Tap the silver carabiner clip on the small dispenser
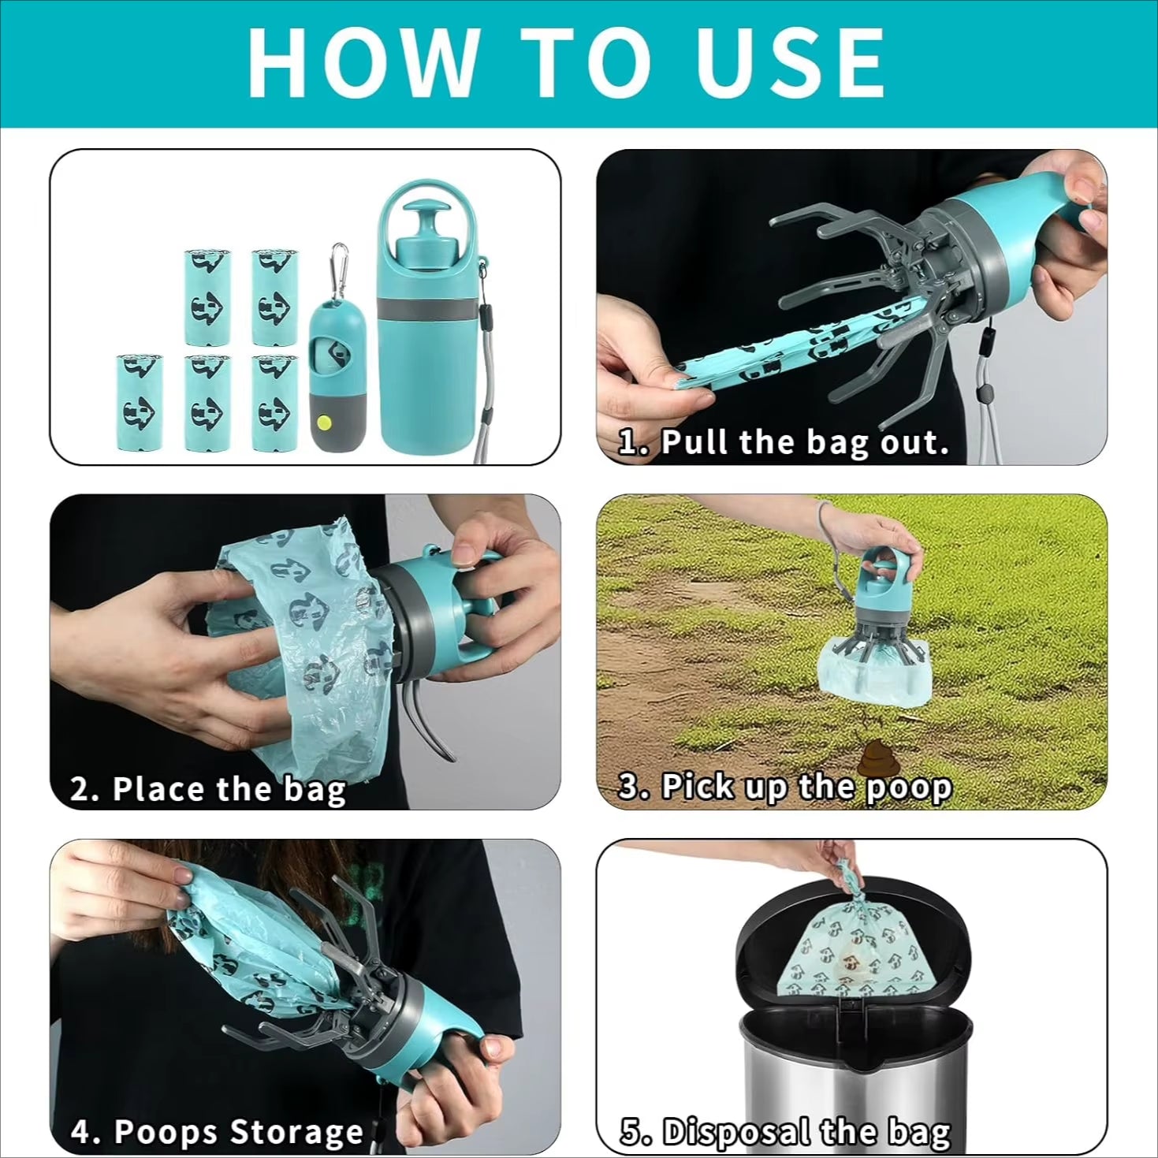pyautogui.click(x=338, y=260)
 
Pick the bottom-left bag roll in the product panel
pyautogui.click(x=140, y=402)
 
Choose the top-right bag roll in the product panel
pyautogui.click(x=274, y=297)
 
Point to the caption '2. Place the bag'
pyautogui.click(x=208, y=788)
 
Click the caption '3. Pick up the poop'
pyautogui.click(x=784, y=787)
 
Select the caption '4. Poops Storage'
pyautogui.click(x=217, y=1132)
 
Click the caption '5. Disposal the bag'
pyautogui.click(x=785, y=1132)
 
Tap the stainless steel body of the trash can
pyautogui.click(x=851, y=1080)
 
